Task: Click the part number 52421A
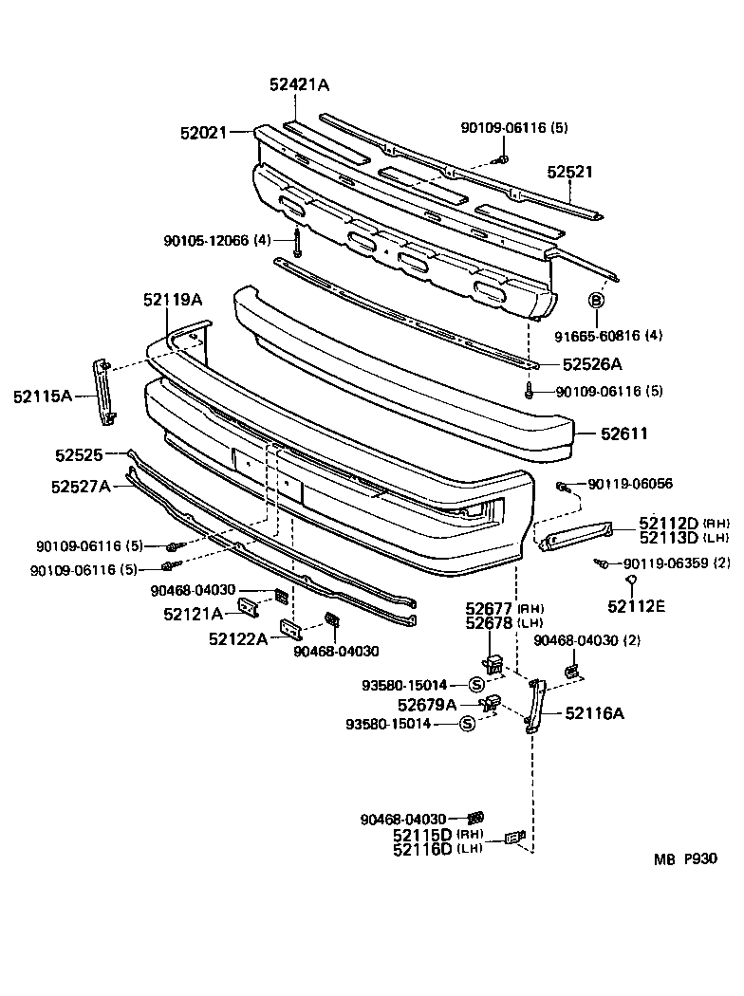point(299,85)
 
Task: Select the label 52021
point(203,134)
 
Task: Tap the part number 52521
point(569,173)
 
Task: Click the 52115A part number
point(43,395)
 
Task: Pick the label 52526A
point(592,363)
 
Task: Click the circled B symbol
point(597,301)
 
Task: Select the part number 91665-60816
point(607,335)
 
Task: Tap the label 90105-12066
point(205,241)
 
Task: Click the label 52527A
point(81,487)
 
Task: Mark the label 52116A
point(594,713)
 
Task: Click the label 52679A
point(427,704)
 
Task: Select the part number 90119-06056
point(630,484)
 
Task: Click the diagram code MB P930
point(684,860)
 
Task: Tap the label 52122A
point(240,638)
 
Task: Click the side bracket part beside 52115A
point(103,392)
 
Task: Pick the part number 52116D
point(423,848)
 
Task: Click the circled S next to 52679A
point(467,724)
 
